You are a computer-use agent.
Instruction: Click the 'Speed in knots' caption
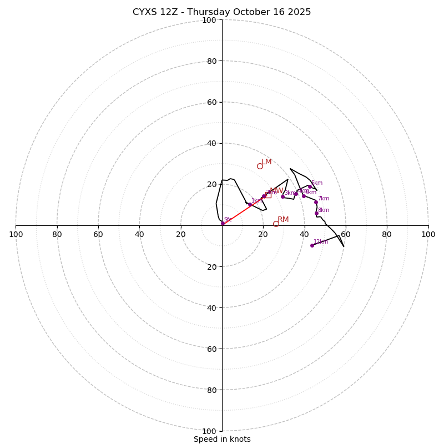[222, 439]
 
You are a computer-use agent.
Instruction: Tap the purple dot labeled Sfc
[223, 223]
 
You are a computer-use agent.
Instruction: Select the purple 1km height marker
[250, 205]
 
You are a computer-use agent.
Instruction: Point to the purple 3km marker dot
[282, 196]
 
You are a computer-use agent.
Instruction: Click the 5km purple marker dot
[310, 186]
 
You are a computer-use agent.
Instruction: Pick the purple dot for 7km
[316, 202]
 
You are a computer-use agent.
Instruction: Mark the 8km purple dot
[316, 213]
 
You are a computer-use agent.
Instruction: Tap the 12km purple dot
[312, 245]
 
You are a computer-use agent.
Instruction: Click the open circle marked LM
[260, 166]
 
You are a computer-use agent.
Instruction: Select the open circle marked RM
[276, 224]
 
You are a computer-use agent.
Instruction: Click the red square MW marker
[268, 195]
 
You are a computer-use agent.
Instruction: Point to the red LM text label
[267, 162]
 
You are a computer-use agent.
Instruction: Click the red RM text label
[283, 220]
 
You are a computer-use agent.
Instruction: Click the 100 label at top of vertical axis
[209, 20]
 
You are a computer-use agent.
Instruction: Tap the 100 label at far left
[16, 235]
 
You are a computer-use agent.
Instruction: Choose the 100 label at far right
[428, 235]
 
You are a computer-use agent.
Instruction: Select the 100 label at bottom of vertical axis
[209, 431]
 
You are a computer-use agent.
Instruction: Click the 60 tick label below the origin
[211, 349]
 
